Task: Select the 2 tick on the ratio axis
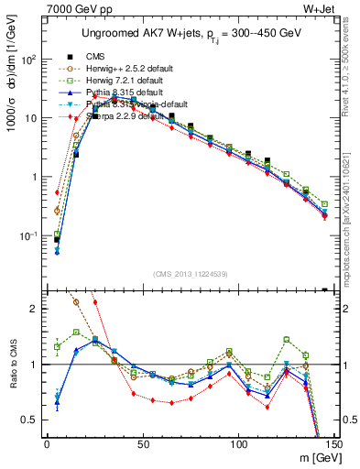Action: click(34, 309)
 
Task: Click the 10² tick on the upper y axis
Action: click(27, 60)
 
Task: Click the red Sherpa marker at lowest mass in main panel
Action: click(57, 192)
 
